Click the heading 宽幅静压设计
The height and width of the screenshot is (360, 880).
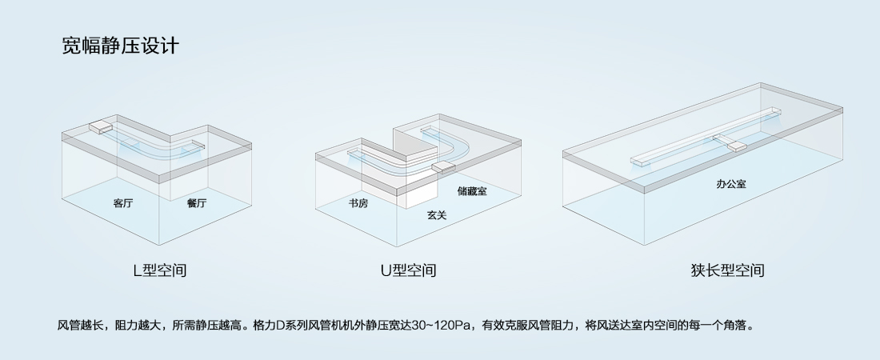pyautogui.click(x=120, y=46)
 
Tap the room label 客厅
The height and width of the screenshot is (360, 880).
pyautogui.click(x=123, y=203)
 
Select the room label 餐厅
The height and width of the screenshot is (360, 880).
pyautogui.click(x=197, y=203)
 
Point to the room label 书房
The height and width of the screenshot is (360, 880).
pyautogui.click(x=358, y=203)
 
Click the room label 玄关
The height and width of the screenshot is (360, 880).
pyautogui.click(x=437, y=215)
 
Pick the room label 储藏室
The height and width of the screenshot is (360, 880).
pyautogui.click(x=472, y=191)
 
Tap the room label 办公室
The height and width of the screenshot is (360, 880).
pyautogui.click(x=731, y=184)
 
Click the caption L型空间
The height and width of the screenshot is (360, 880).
pyautogui.click(x=160, y=270)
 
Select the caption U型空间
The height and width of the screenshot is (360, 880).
pyautogui.click(x=408, y=270)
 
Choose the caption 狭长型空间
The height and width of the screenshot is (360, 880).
pyautogui.click(x=728, y=270)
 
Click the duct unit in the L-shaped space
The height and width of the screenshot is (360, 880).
pyautogui.click(x=102, y=126)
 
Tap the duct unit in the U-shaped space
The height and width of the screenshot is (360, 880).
pyautogui.click(x=443, y=166)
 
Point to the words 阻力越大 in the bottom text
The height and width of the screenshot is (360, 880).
pyautogui.click(x=141, y=326)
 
